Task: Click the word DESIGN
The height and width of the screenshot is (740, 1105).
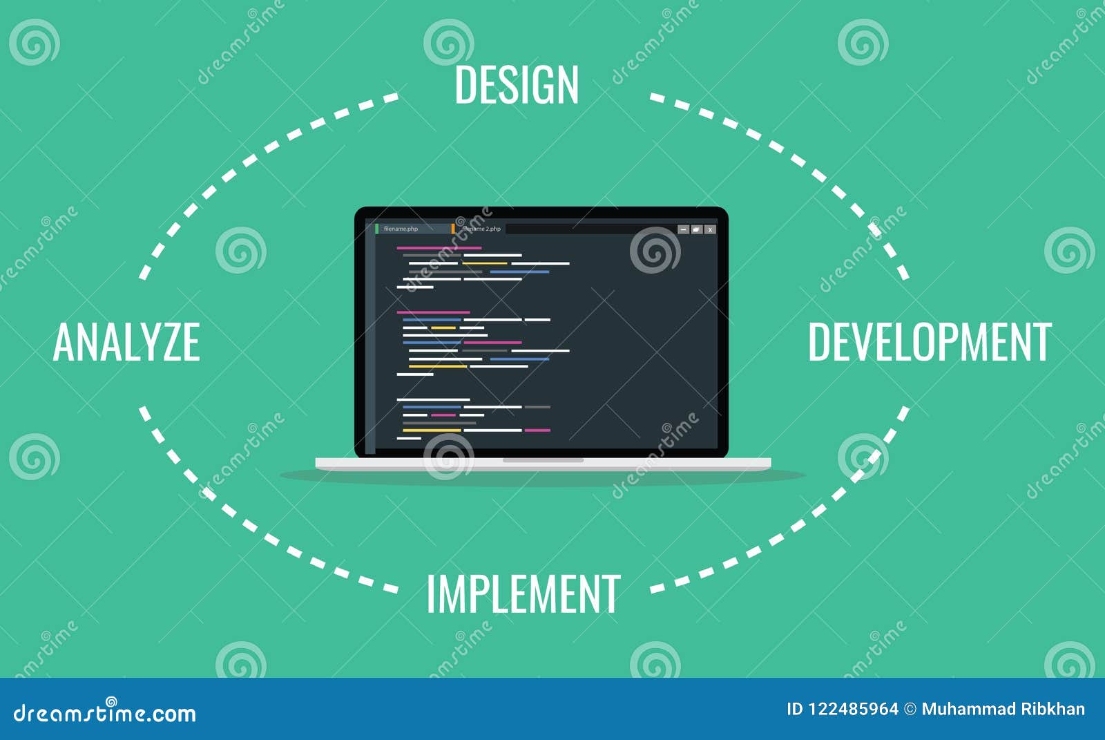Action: point(516,85)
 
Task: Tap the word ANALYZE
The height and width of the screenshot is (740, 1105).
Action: point(126,341)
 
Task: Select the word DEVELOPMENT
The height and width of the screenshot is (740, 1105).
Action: point(930,341)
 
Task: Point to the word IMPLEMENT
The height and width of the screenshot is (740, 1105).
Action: point(523,594)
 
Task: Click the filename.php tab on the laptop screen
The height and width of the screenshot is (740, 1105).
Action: point(401,229)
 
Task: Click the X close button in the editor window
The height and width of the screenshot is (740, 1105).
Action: point(710,229)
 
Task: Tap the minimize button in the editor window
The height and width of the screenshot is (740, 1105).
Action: point(683,229)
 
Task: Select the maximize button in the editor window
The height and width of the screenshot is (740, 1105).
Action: point(697,229)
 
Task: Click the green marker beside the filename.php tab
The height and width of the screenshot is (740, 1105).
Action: point(377,229)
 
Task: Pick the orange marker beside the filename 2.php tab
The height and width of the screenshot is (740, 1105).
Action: point(453,229)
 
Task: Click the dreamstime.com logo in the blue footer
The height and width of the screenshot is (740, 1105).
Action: point(104,712)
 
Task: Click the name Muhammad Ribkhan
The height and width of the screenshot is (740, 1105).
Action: point(1003,710)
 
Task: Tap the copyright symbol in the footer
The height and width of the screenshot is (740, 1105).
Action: point(910,710)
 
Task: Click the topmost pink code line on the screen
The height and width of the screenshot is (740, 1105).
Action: point(439,248)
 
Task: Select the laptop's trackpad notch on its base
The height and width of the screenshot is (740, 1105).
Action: point(543,460)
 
